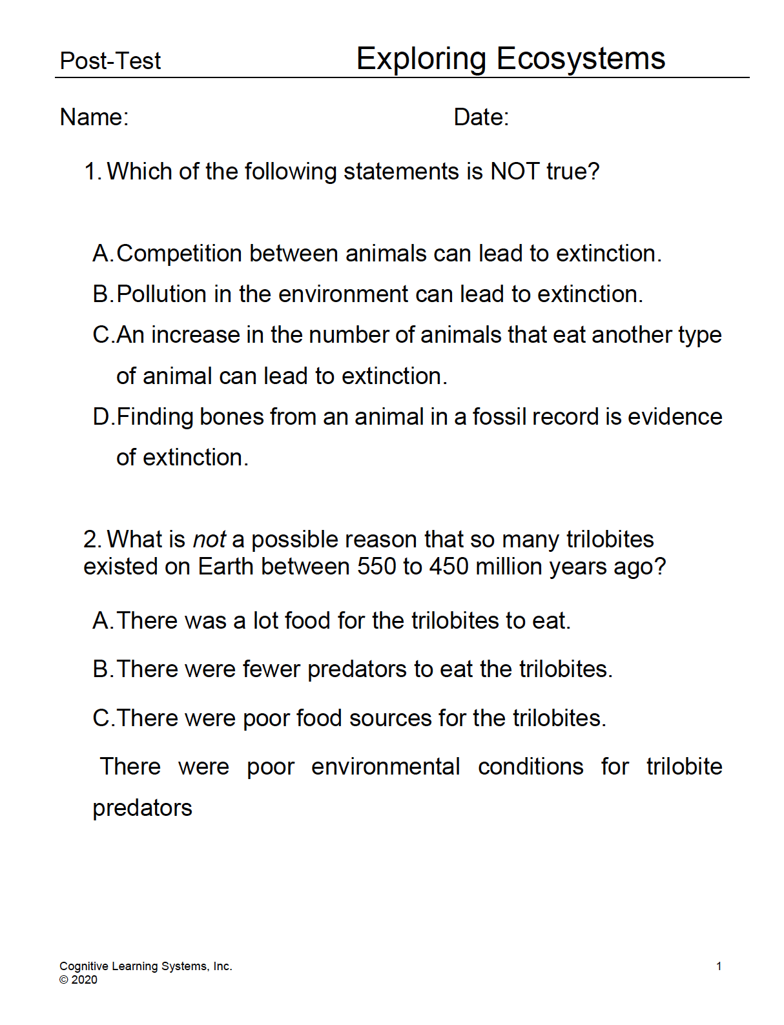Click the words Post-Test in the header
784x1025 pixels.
[110, 61]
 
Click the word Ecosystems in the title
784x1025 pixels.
[581, 59]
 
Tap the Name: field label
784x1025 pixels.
[94, 117]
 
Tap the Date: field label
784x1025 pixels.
[481, 117]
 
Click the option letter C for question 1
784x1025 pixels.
[102, 335]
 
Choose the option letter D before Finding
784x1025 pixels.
[102, 417]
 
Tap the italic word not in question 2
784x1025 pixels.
[209, 540]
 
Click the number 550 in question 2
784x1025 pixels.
[377, 567]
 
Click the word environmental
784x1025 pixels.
[386, 767]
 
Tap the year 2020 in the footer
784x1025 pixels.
[84, 980]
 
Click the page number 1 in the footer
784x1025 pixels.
[719, 966]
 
